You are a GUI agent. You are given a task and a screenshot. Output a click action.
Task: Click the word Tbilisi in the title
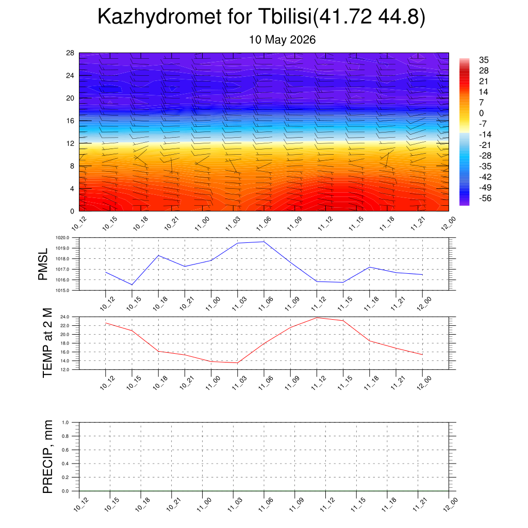pos(285,16)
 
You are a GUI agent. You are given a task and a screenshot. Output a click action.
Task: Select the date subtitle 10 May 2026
pos(282,40)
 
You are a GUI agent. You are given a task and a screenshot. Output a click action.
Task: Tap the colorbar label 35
pos(484,60)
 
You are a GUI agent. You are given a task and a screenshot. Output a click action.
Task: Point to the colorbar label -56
pos(485,198)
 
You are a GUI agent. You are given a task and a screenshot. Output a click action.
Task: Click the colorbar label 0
pos(481,113)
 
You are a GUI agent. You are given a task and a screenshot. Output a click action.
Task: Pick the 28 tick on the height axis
pos(70,53)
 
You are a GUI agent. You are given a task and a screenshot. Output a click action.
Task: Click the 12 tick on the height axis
pos(70,143)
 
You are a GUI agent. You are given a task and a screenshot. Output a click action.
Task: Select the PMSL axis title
pos(43,265)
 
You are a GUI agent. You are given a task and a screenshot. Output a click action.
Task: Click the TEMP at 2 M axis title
pos(47,343)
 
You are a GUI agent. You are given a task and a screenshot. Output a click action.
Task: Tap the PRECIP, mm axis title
pos(47,457)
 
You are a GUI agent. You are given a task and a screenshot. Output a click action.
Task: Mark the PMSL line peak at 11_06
pos(264,241)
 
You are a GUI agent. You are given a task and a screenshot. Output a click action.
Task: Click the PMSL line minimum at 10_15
pos(131,285)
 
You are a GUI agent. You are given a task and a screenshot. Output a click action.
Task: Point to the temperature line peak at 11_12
pos(317,318)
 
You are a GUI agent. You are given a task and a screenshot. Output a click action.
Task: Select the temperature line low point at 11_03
pos(237,362)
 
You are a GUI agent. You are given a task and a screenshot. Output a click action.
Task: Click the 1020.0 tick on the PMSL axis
pos(62,238)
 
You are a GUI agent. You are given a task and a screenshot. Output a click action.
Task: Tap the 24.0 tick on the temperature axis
pos(64,317)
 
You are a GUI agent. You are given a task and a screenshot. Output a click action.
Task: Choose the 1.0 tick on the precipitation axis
pos(65,422)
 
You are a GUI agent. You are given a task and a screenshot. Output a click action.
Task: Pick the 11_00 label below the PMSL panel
pos(212,304)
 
